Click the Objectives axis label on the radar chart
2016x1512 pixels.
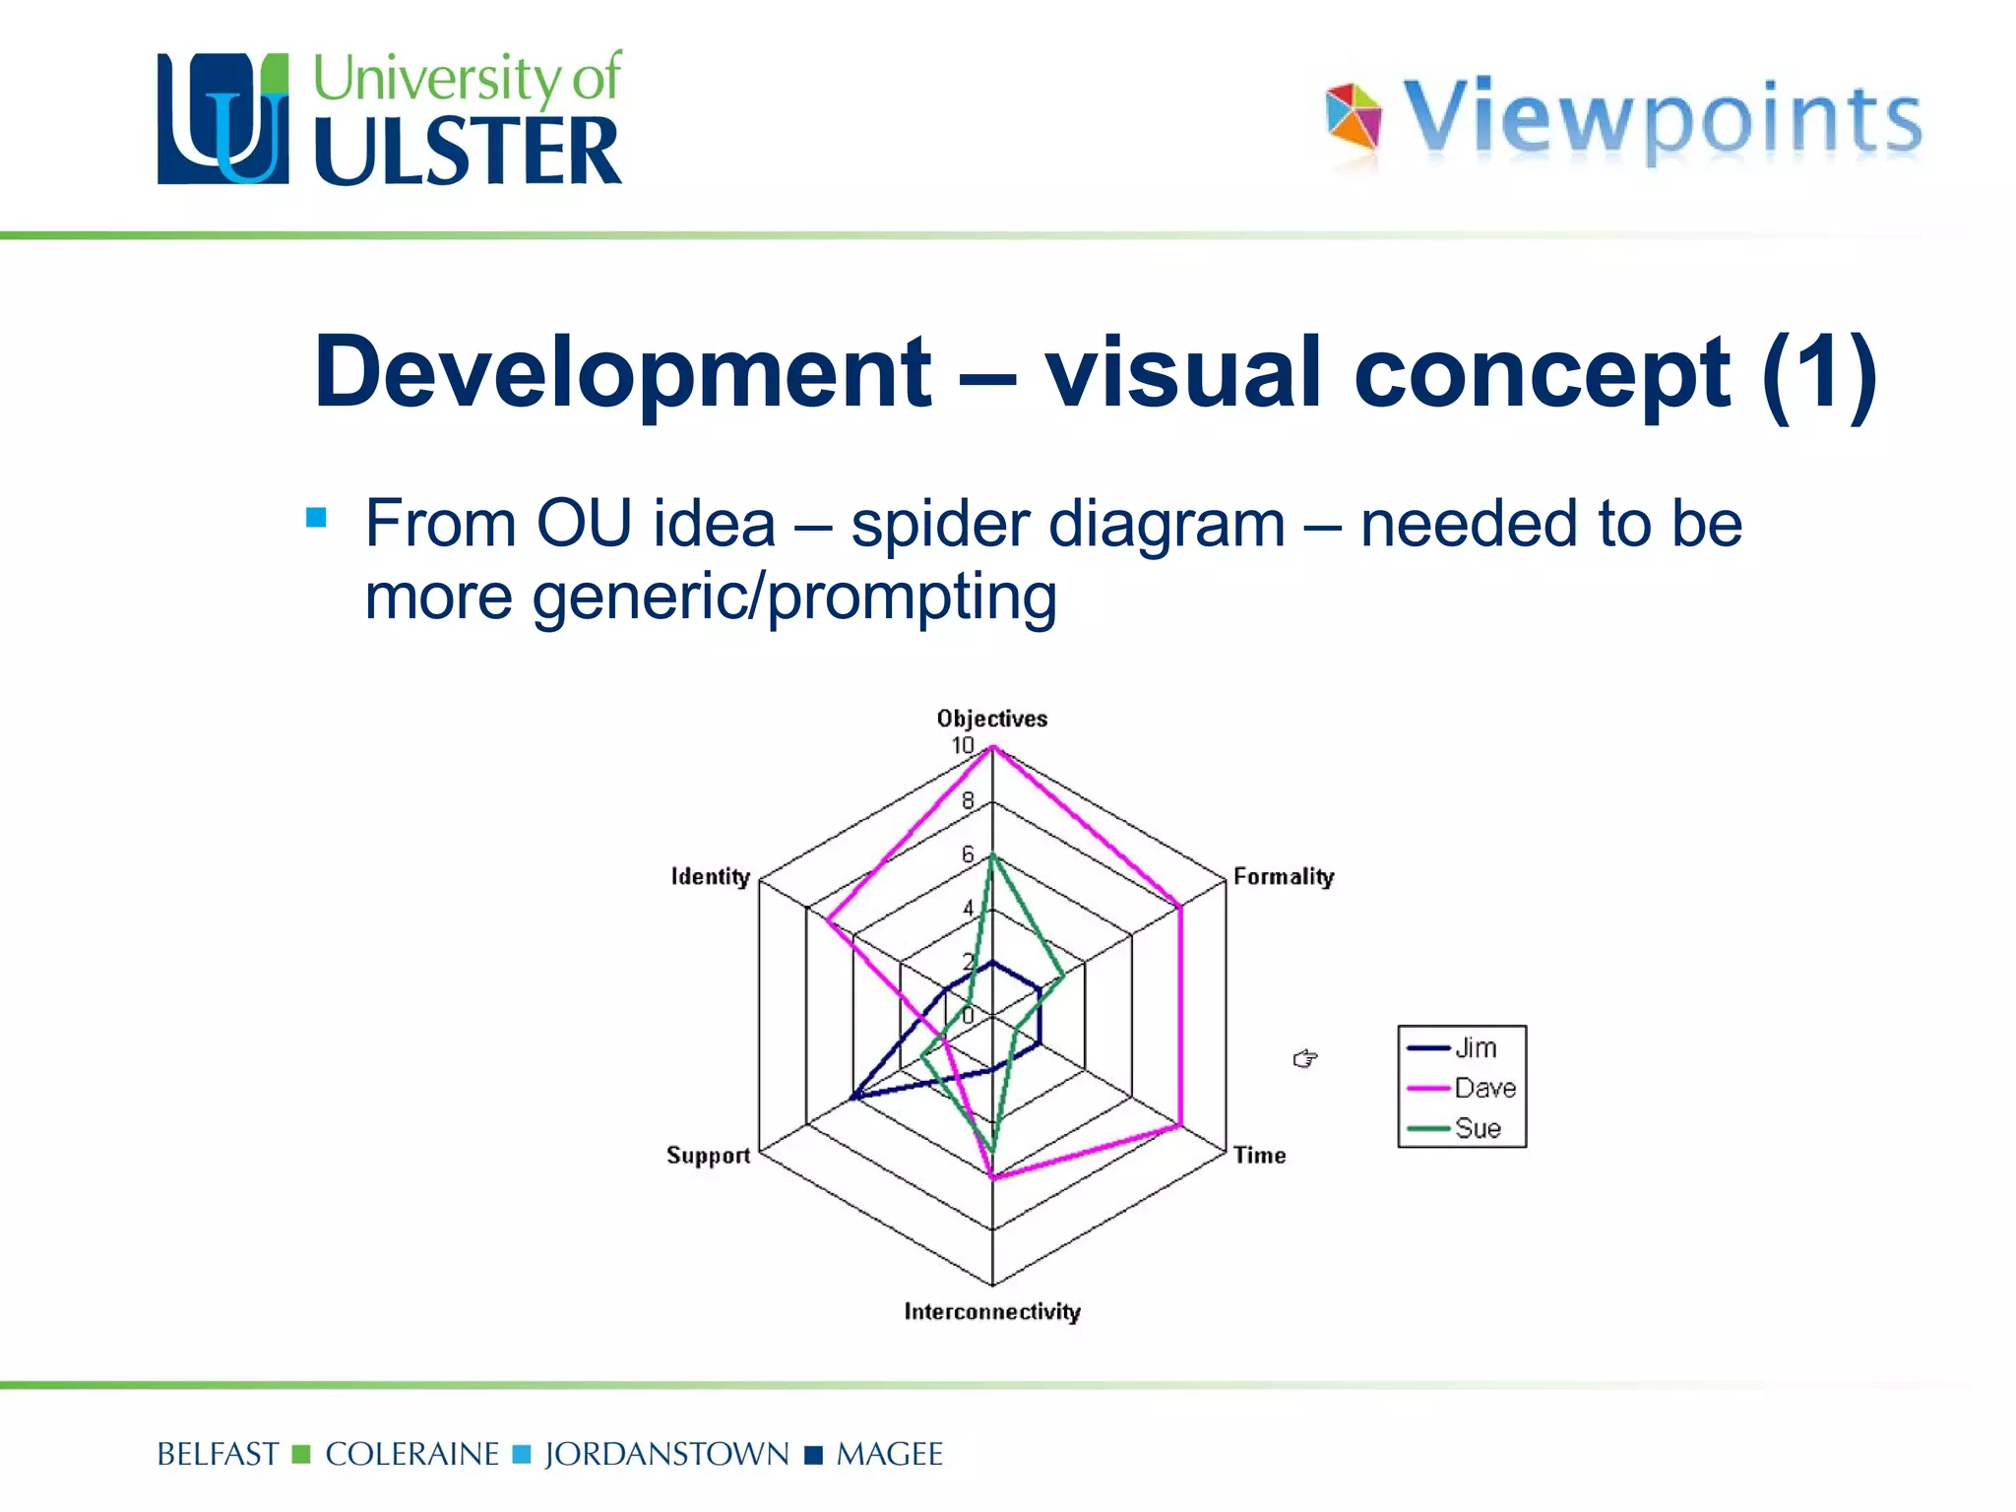coord(991,719)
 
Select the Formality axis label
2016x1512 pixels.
coord(1283,876)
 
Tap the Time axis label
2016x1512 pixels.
coord(1259,1155)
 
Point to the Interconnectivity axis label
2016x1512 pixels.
coord(992,1311)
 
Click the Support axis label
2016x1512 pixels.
coord(708,1155)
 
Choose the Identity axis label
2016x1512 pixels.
coord(710,876)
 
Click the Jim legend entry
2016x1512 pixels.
coord(1475,1047)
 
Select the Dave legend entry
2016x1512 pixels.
coord(1483,1088)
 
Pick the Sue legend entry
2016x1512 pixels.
coord(1477,1128)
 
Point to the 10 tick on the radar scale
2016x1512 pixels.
coord(962,745)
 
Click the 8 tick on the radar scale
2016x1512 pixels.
coord(968,800)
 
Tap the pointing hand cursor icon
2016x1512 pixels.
coord(1305,1058)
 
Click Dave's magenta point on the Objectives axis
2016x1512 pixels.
coord(992,748)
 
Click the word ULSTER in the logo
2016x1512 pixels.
coord(468,151)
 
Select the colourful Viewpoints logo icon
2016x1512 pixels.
coord(1354,118)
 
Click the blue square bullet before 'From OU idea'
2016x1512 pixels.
coord(316,518)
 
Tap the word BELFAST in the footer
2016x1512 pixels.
coord(218,1454)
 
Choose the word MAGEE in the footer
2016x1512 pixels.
coord(889,1454)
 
